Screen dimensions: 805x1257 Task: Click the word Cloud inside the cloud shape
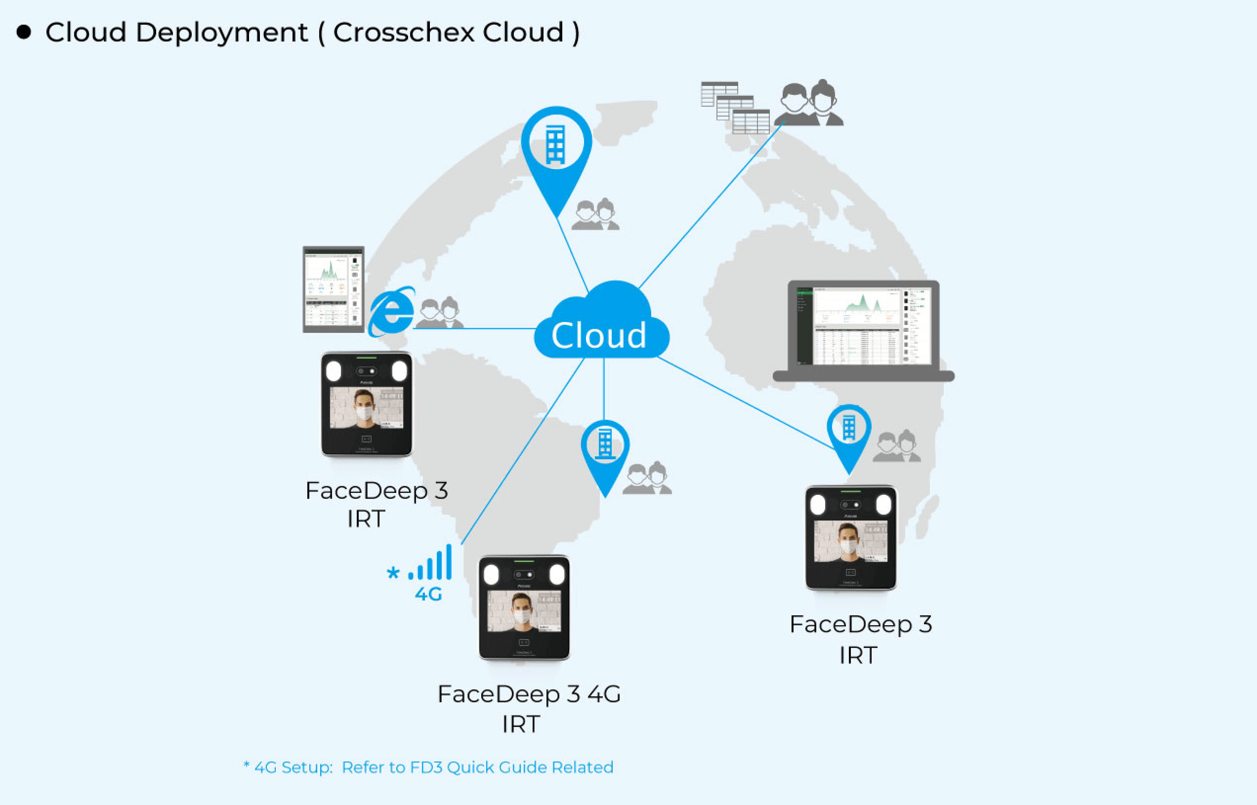pyautogui.click(x=599, y=335)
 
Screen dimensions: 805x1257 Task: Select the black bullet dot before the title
pyautogui.click(x=23, y=32)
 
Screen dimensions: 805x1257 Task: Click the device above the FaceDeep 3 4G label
pyautogui.click(x=524, y=607)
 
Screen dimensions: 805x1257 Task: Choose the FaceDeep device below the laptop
pyautogui.click(x=851, y=538)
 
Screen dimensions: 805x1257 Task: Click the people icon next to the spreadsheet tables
pyautogui.click(x=809, y=103)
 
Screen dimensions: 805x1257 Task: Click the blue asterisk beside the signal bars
pyautogui.click(x=393, y=573)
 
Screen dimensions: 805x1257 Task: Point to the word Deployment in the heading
pyautogui.click(x=222, y=32)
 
